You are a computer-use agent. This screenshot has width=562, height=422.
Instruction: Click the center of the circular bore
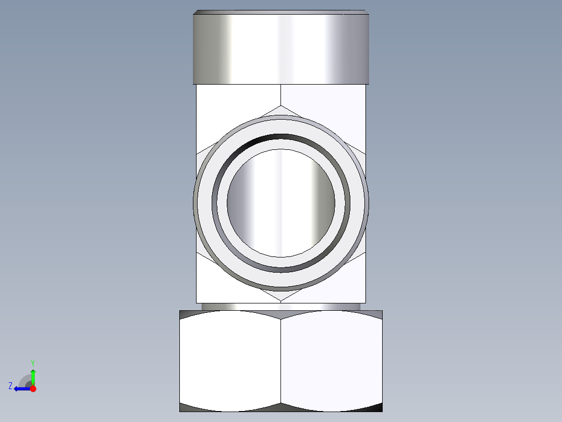281,203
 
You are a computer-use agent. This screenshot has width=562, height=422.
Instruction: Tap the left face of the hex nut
230,360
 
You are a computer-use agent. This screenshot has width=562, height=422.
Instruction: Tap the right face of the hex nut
332,360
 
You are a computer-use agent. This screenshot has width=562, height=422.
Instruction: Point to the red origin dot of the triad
33,389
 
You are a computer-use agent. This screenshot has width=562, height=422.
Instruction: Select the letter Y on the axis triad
33,362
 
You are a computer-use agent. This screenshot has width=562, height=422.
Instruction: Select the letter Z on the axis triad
10,386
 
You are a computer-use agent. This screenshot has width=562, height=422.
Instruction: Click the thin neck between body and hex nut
281,307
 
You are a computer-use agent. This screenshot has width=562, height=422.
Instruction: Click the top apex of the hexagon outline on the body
281,106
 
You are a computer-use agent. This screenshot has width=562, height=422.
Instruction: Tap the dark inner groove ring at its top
281,137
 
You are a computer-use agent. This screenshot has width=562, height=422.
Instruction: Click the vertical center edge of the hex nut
281,360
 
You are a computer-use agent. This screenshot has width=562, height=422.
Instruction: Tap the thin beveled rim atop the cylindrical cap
282,11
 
